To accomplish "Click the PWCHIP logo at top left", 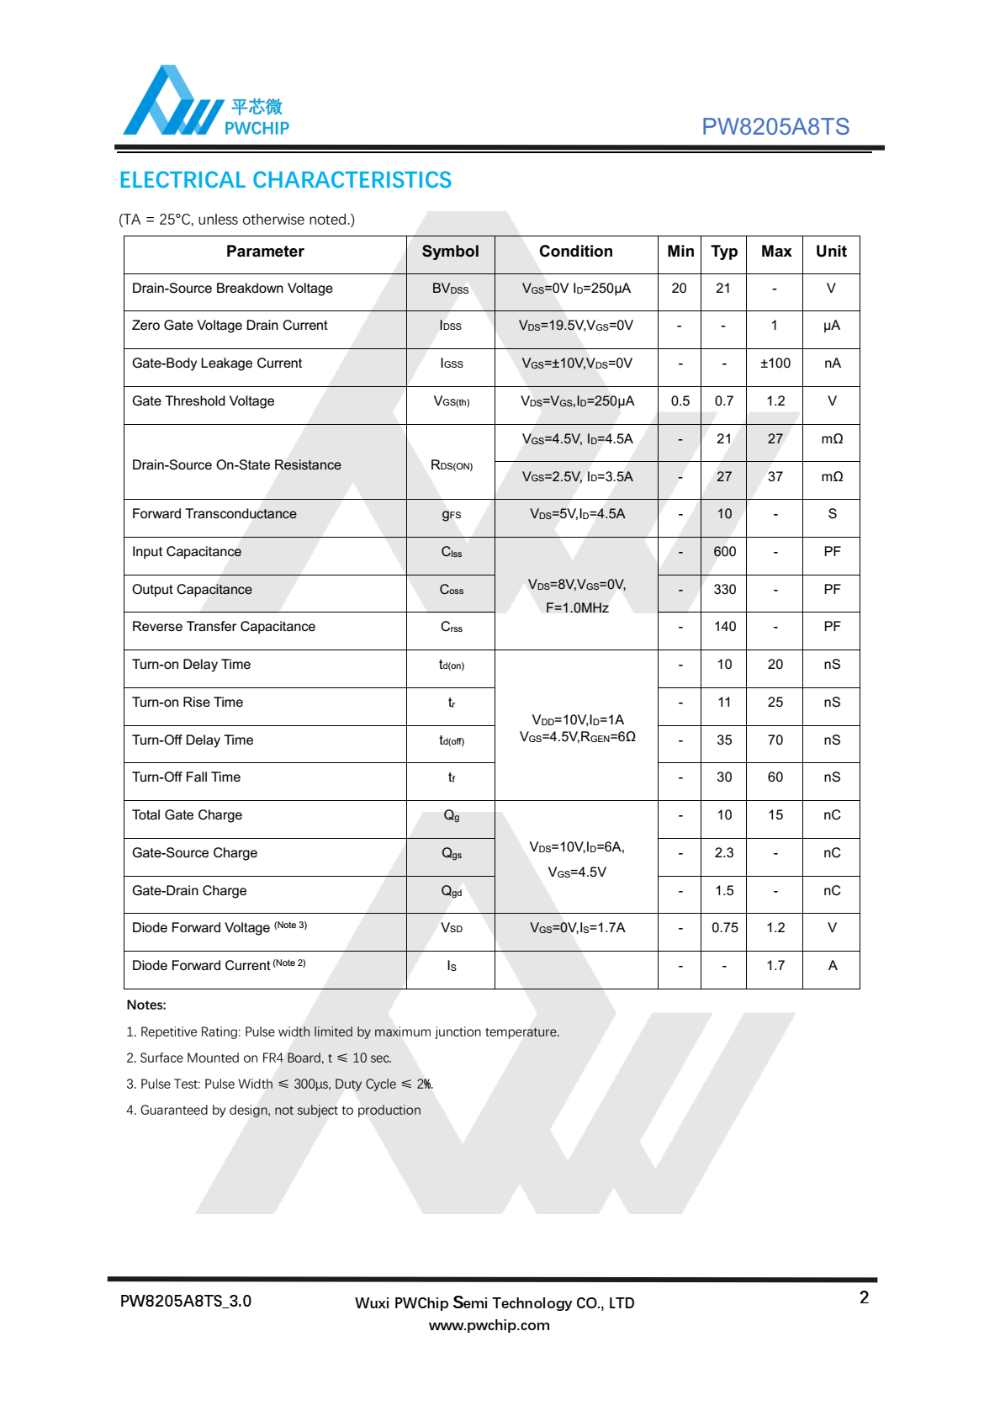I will (206, 102).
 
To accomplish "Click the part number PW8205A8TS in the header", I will (775, 127).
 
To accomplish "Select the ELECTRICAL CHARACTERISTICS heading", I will (285, 180).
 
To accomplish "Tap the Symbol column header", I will (450, 252).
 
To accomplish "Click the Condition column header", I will (575, 252).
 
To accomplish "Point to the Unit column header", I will (831, 252).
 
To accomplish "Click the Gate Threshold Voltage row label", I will (204, 401).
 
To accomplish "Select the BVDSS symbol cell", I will (450, 289).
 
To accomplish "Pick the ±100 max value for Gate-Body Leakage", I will (775, 363).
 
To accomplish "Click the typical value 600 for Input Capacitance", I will (724, 552).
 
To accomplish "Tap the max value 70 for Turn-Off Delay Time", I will (775, 740).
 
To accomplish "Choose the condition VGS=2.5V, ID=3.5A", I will (577, 477).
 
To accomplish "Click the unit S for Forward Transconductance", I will (832, 514).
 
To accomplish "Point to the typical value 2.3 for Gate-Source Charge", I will (724, 853).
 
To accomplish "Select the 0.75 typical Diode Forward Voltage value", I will (724, 928).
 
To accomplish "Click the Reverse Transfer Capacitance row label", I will (224, 627).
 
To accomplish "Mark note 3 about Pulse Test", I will (280, 1085).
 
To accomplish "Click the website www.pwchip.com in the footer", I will (489, 1326).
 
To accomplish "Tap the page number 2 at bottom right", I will (864, 1297).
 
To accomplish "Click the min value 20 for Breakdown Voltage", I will (679, 289).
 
